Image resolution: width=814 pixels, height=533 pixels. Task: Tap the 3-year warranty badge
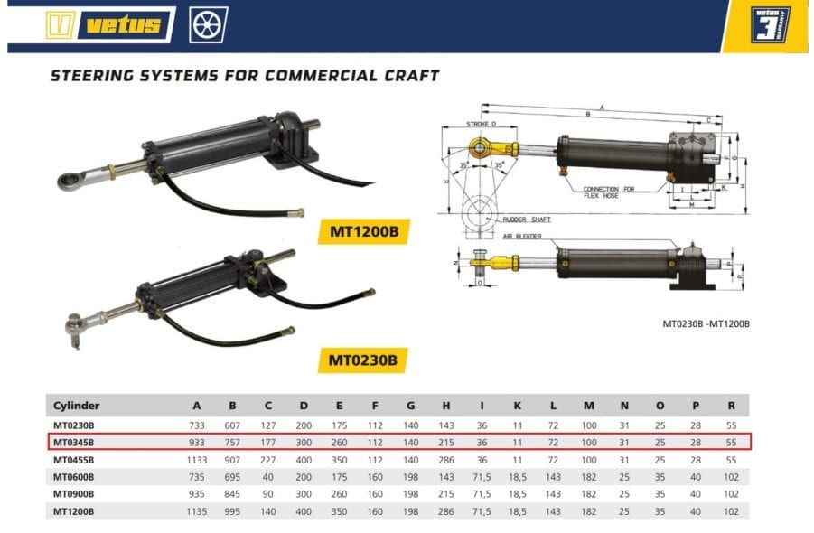click(771, 24)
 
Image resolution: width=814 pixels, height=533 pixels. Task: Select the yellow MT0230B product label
click(358, 360)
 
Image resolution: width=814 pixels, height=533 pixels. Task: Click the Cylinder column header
click(76, 406)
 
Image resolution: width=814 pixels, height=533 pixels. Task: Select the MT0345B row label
click(74, 442)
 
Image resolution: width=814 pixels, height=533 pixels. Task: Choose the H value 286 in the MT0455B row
click(444, 459)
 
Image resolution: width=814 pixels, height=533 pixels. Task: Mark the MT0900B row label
click(74, 493)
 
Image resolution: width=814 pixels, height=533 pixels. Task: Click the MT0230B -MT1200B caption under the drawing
click(706, 323)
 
